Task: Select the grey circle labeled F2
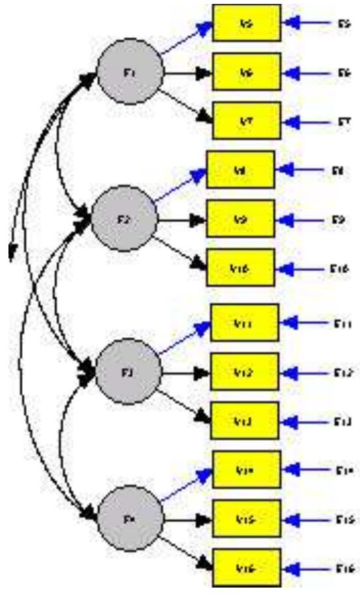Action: pos(123,219)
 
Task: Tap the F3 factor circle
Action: pos(128,372)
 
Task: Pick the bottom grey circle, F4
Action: pos(128,518)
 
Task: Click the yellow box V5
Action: pos(247,24)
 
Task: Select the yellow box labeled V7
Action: pos(247,121)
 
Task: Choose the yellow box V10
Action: pos(241,267)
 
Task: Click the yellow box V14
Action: pos(247,470)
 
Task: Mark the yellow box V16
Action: pos(247,568)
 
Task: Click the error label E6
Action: pos(344,73)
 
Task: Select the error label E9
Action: pos(338,219)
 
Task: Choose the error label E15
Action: pos(344,519)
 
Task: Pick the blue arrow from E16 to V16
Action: pos(312,568)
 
